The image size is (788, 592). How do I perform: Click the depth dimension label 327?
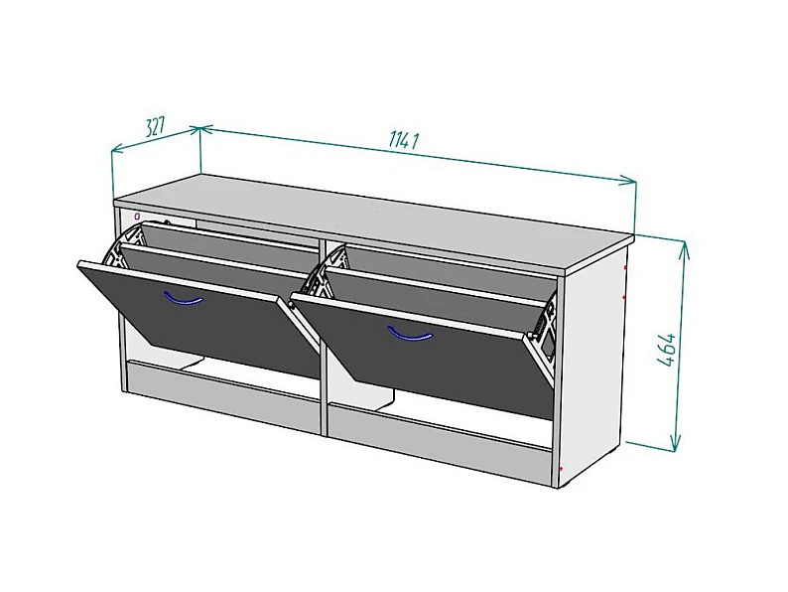tap(155, 127)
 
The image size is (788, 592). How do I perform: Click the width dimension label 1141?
tap(404, 140)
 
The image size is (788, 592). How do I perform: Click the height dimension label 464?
tap(666, 349)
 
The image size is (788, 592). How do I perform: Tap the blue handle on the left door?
tap(183, 299)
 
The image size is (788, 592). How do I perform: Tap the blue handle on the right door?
tap(410, 334)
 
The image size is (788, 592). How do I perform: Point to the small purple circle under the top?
tap(137, 217)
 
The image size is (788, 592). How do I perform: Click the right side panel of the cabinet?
tap(593, 363)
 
